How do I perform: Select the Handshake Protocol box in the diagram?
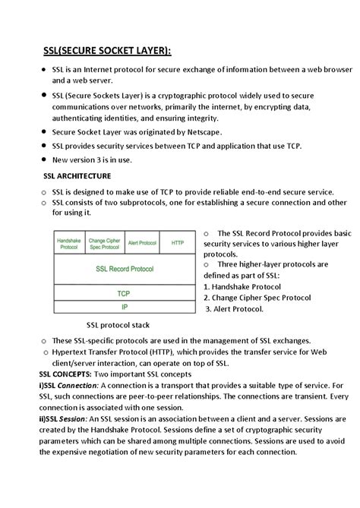click(68, 243)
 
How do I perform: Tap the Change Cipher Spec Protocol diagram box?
click(105, 243)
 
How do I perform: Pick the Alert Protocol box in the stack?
click(142, 243)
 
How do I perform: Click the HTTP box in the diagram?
click(178, 243)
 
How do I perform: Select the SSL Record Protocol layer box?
click(123, 270)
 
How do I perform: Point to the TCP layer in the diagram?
click(123, 293)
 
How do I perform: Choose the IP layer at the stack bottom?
click(123, 307)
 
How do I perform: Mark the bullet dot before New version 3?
click(43, 160)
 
